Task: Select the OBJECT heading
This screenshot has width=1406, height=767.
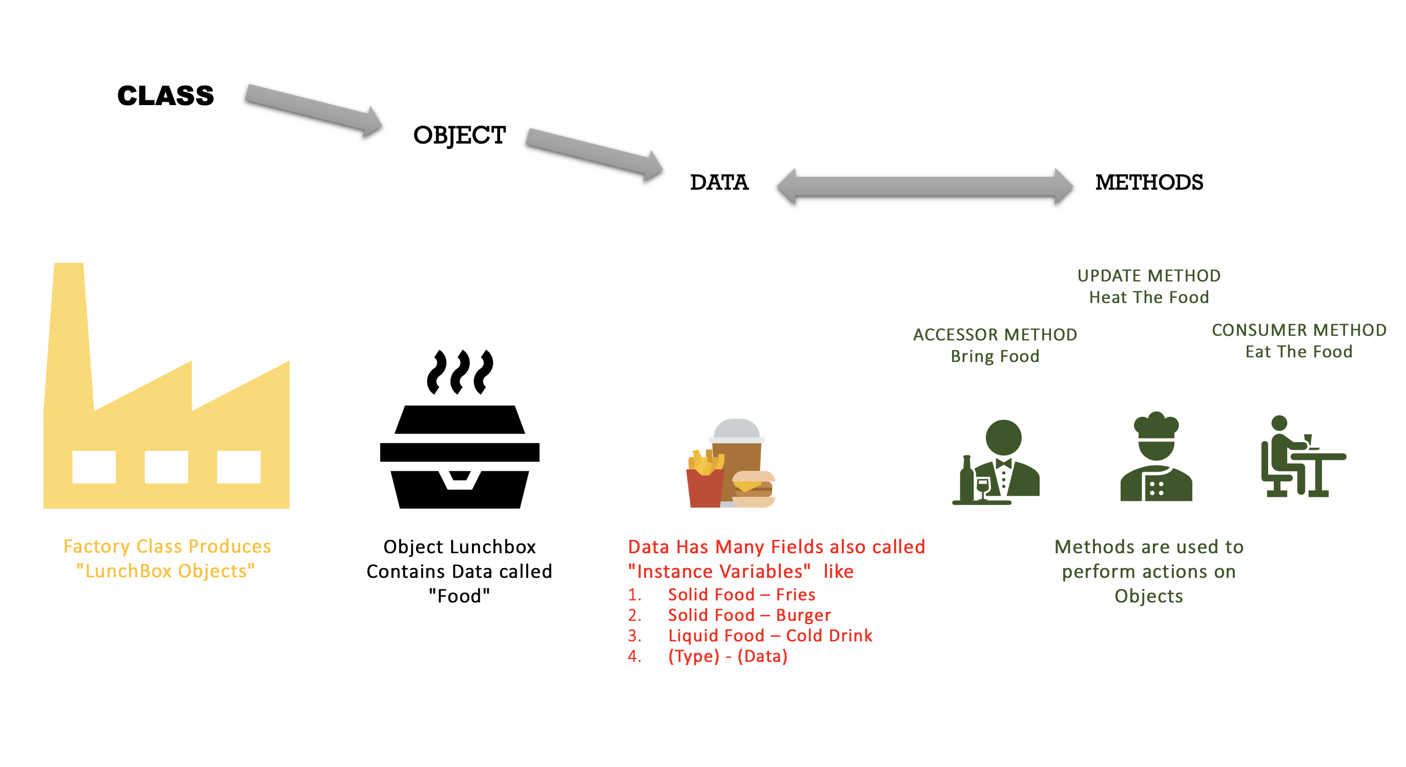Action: (x=460, y=135)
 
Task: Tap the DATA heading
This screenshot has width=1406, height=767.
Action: (x=719, y=183)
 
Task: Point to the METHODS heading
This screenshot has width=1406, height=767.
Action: (x=1149, y=183)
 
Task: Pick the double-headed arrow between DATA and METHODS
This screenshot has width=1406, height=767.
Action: (x=925, y=187)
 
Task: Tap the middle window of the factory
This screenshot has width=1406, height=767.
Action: (x=167, y=467)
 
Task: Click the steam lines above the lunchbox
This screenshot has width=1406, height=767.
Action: (x=460, y=372)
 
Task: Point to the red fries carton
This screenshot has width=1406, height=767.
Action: (x=705, y=488)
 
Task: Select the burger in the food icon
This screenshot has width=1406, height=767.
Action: (x=754, y=489)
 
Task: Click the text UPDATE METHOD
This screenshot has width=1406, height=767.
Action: (x=1149, y=276)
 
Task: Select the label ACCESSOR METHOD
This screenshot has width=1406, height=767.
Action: (x=995, y=334)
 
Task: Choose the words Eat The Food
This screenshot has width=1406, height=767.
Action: (x=1299, y=352)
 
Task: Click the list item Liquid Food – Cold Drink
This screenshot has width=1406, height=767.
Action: (x=770, y=635)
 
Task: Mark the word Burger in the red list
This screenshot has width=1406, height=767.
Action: (x=803, y=615)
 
